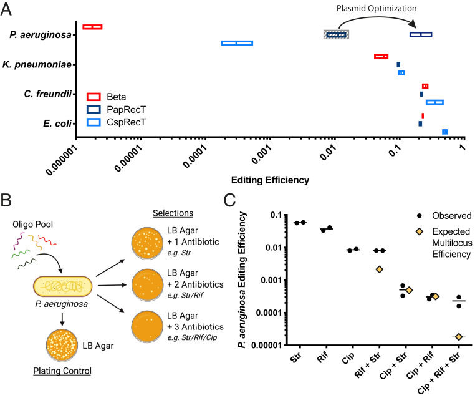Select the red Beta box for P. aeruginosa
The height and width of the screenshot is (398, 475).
pyautogui.click(x=92, y=27)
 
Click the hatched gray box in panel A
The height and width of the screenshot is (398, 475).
pyautogui.click(x=335, y=34)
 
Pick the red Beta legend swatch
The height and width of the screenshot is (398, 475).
pyautogui.click(x=94, y=97)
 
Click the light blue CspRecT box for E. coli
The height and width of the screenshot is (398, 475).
pyautogui.click(x=445, y=132)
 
